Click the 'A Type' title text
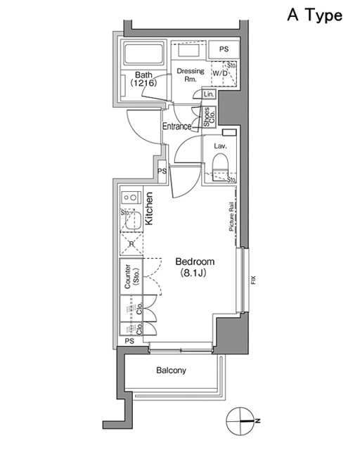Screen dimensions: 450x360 coord(314,15)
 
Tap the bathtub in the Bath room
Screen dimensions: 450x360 coord(143,54)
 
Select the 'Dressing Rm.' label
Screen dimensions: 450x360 coord(189,75)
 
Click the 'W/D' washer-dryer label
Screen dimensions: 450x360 coord(219,73)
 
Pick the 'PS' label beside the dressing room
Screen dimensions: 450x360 coord(224,49)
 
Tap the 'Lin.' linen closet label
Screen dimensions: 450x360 coord(209,94)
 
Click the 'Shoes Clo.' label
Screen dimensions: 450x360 coord(208,117)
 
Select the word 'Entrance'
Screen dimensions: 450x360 coord(177,127)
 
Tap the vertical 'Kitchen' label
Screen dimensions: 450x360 coord(149,209)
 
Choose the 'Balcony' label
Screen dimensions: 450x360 coord(172,371)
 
